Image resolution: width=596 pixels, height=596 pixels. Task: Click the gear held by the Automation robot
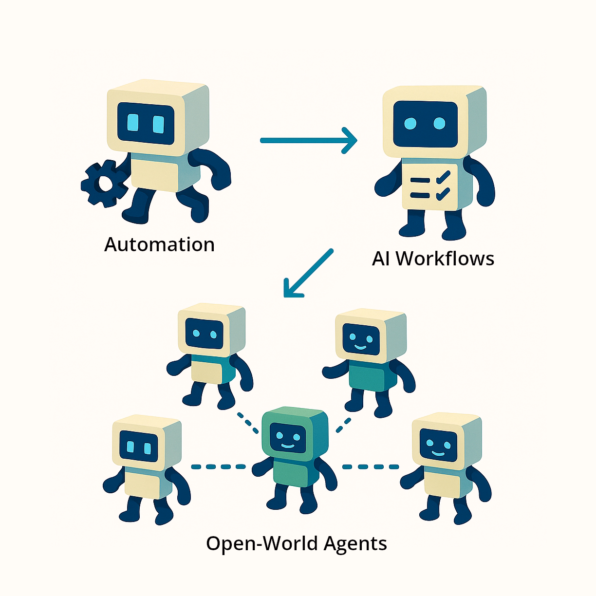point(103,184)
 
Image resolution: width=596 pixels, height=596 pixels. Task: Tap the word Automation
point(159,244)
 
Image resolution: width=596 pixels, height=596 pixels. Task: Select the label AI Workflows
point(433,258)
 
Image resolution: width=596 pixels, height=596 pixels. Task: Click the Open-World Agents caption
point(296,543)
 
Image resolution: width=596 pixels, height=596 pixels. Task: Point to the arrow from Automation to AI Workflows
point(308,140)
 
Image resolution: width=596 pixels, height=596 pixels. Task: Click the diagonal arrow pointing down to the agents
point(308,273)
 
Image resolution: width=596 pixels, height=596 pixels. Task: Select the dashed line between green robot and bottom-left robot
point(219,466)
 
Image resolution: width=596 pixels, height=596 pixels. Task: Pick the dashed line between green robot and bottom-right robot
point(370,466)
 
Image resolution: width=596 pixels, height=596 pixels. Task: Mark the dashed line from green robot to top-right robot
point(343,425)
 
